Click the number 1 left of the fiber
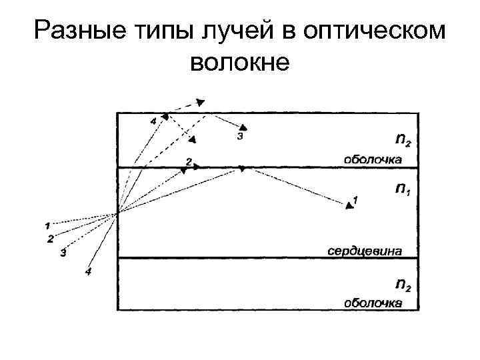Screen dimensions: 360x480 click(x=47, y=226)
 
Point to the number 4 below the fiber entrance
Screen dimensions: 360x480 click(x=88, y=271)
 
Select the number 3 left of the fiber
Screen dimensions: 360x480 click(x=63, y=253)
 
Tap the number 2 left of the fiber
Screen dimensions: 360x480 click(x=50, y=239)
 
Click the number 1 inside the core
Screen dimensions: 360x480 click(x=355, y=199)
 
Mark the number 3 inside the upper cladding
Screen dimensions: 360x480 click(x=239, y=136)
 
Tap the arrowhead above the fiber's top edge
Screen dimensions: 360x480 click(x=201, y=102)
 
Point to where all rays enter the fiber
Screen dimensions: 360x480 click(x=118, y=213)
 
